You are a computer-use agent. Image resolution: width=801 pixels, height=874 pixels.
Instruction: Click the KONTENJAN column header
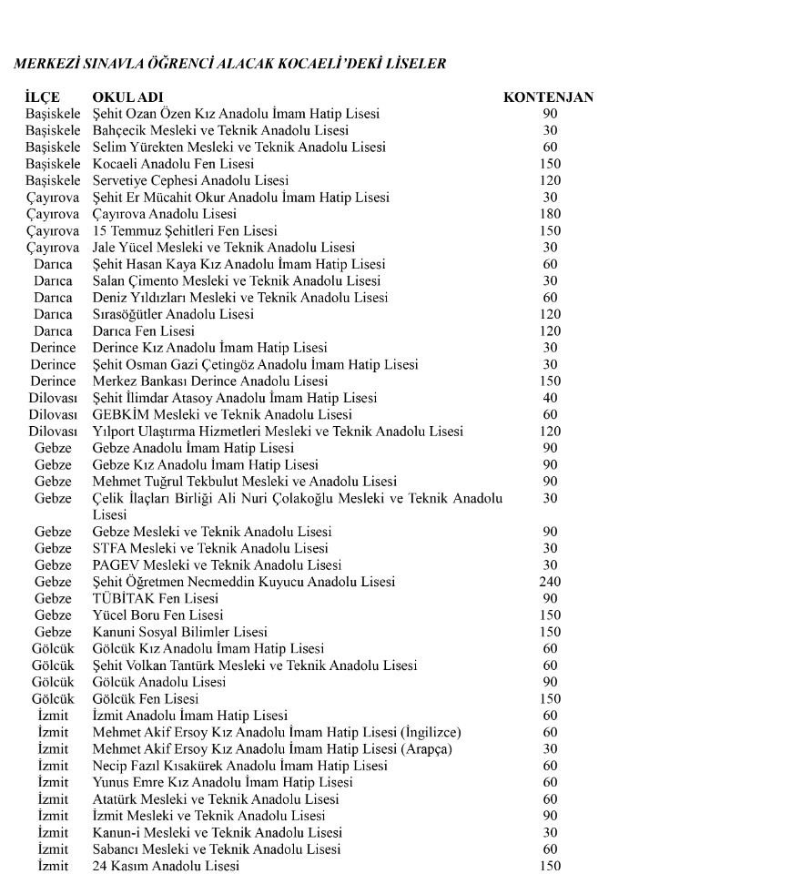click(548, 97)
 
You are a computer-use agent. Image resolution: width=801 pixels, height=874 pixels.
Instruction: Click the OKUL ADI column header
click(127, 97)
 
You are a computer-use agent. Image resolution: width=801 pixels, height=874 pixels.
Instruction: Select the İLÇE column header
click(43, 97)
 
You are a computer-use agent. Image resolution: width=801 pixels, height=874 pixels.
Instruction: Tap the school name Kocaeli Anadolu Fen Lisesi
click(173, 164)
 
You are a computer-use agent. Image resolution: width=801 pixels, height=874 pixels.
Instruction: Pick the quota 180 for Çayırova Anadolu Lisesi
click(550, 214)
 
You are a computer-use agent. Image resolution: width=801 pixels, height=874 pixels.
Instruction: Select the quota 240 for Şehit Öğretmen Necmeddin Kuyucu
click(550, 582)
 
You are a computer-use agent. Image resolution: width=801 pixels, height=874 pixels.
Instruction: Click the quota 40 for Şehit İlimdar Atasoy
click(550, 398)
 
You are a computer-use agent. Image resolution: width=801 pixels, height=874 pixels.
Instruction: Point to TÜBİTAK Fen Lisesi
click(156, 598)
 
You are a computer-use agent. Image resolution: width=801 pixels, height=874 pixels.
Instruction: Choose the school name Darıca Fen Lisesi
click(143, 331)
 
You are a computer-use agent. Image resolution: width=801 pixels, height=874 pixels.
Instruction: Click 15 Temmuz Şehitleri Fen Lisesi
click(185, 231)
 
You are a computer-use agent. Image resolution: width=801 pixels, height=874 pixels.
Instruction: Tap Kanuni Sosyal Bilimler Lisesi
click(180, 632)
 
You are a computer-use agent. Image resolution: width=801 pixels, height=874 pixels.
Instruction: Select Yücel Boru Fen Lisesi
click(157, 615)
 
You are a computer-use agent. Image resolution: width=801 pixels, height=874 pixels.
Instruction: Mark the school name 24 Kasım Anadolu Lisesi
click(166, 866)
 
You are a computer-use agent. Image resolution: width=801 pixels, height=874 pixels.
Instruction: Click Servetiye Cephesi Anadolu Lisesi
click(190, 180)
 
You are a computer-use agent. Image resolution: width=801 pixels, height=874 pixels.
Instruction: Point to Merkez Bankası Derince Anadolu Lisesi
click(209, 381)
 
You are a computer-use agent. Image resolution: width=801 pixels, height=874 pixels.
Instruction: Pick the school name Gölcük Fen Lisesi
click(146, 699)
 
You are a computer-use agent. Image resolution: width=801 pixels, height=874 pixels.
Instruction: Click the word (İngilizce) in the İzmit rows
click(430, 732)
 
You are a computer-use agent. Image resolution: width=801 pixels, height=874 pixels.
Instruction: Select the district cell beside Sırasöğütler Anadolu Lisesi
click(53, 314)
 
